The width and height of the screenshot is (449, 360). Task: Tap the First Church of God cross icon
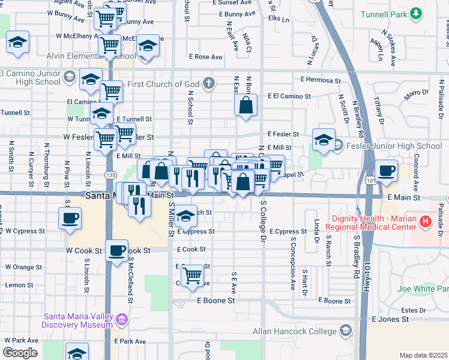tap(208, 82)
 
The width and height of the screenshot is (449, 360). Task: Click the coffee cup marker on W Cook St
tap(116, 249)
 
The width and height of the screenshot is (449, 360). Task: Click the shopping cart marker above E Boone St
tap(192, 275)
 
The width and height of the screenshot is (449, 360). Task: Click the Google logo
tap(20, 352)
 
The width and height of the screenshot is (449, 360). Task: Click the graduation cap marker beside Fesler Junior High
tap(324, 141)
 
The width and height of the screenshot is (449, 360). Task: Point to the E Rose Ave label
tap(205, 57)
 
